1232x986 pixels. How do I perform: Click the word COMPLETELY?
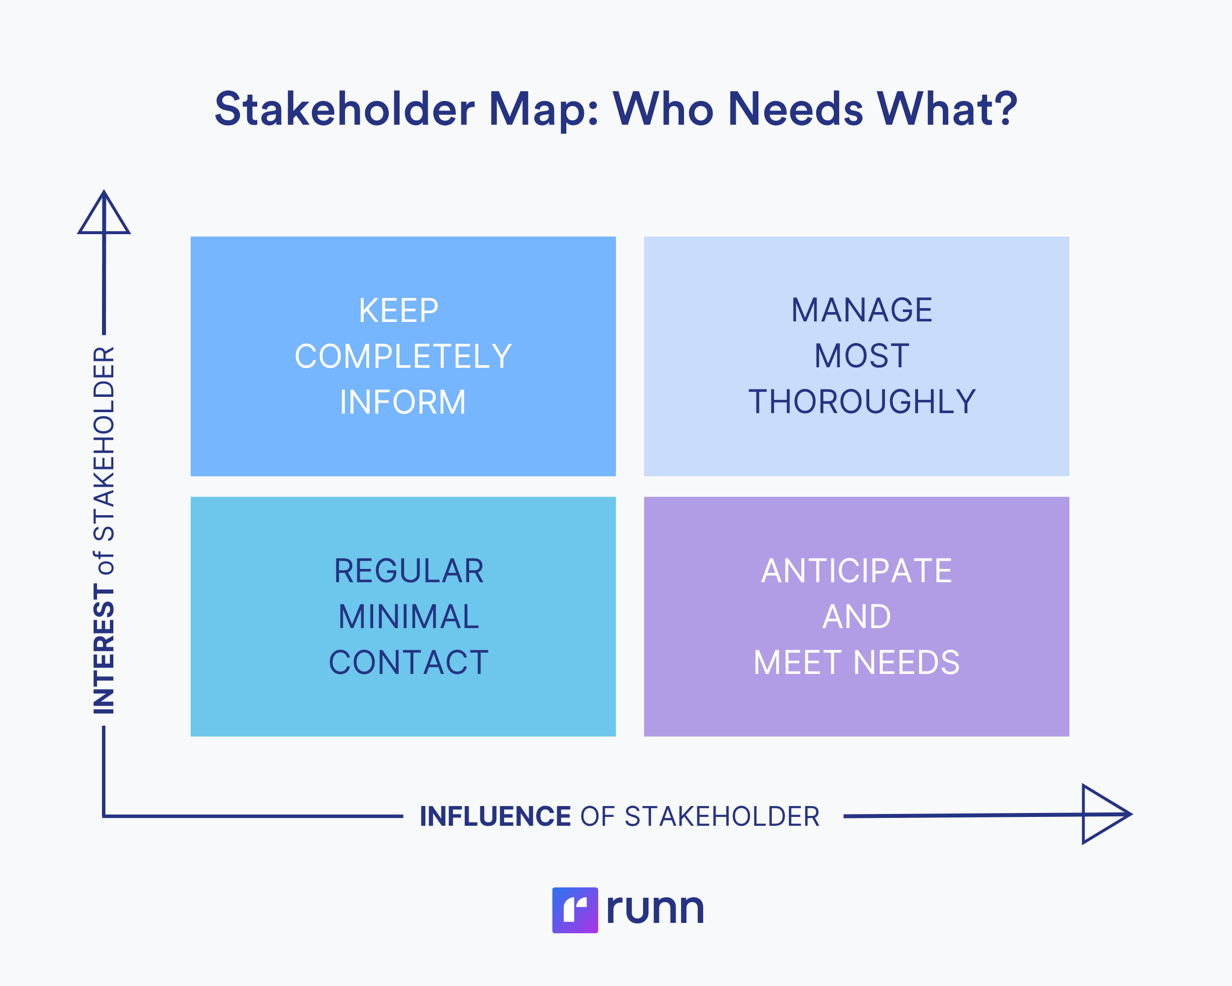click(403, 356)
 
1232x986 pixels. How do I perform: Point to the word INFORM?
click(403, 402)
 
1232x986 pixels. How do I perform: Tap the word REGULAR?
click(409, 571)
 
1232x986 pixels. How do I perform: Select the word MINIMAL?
click(409, 617)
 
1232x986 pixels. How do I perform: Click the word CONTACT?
click(409, 663)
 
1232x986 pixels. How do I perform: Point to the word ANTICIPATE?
click(856, 571)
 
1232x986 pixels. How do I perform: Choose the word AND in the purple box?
click(856, 617)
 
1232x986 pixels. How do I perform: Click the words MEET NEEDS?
click(856, 663)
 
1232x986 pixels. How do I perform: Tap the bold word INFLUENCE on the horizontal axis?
click(495, 816)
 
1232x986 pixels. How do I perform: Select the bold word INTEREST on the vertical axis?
click(104, 649)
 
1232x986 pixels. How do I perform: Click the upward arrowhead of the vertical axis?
click(104, 215)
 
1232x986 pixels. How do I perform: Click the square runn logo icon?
click(575, 910)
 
